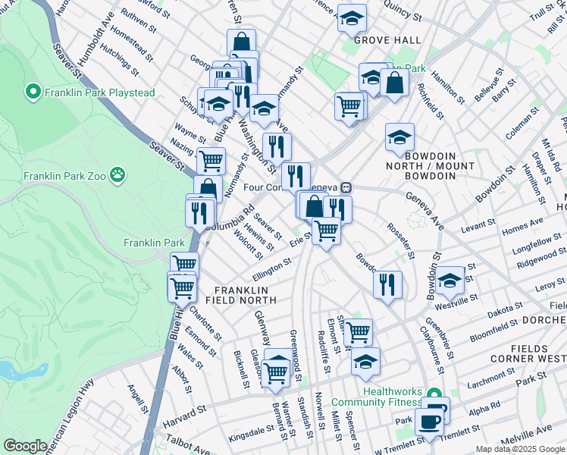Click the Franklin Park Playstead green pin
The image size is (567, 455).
pyautogui.click(x=33, y=93)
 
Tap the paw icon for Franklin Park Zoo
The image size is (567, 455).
pyautogui.click(x=117, y=176)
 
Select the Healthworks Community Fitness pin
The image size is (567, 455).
pyautogui.click(x=434, y=394)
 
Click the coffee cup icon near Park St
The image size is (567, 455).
pyautogui.click(x=428, y=422)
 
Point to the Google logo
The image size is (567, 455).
pyautogui.click(x=25, y=446)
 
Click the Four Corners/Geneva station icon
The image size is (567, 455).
pyautogui.click(x=345, y=187)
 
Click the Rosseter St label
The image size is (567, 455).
pyautogui.click(x=401, y=241)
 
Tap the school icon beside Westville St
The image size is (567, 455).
pyautogui.click(x=450, y=281)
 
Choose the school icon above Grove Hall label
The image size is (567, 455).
pyautogui.click(x=351, y=17)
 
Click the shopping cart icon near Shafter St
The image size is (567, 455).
pyautogui.click(x=358, y=331)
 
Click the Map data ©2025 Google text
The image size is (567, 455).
pyautogui.click(x=519, y=449)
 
